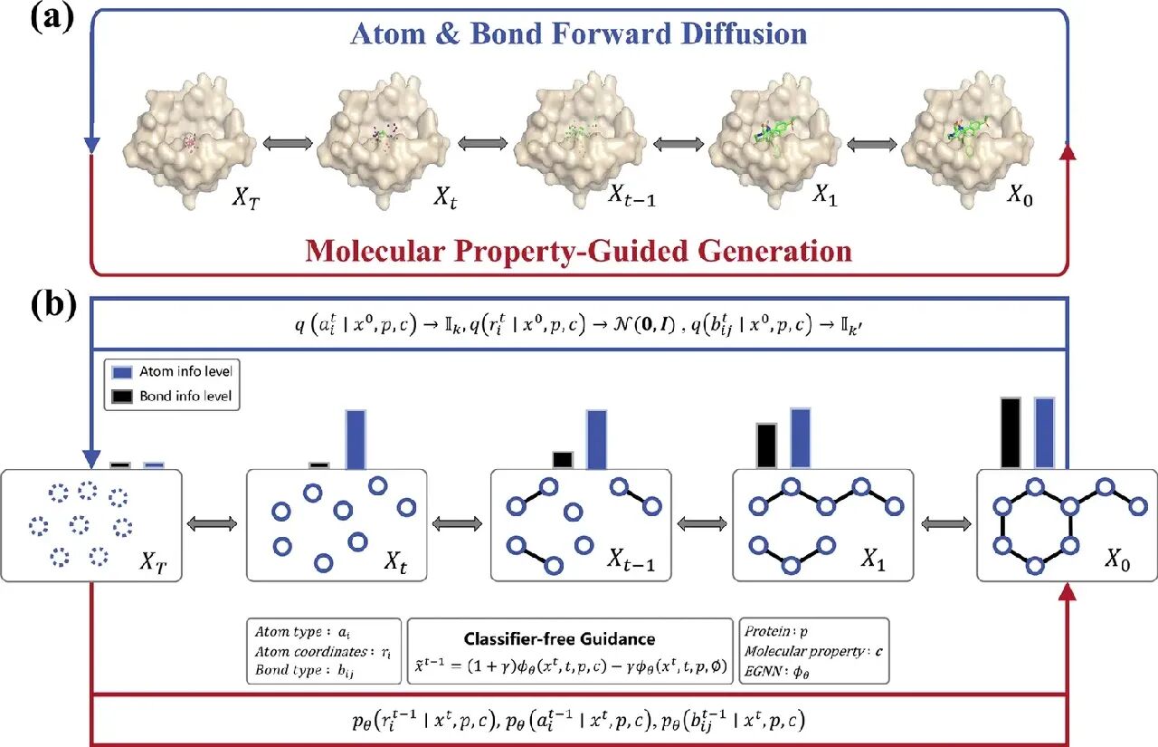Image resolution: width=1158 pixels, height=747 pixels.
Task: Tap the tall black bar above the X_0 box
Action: [1011, 433]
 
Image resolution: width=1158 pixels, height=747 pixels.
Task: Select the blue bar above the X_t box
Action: [356, 439]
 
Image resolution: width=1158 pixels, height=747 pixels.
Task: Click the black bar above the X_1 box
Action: [766, 445]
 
